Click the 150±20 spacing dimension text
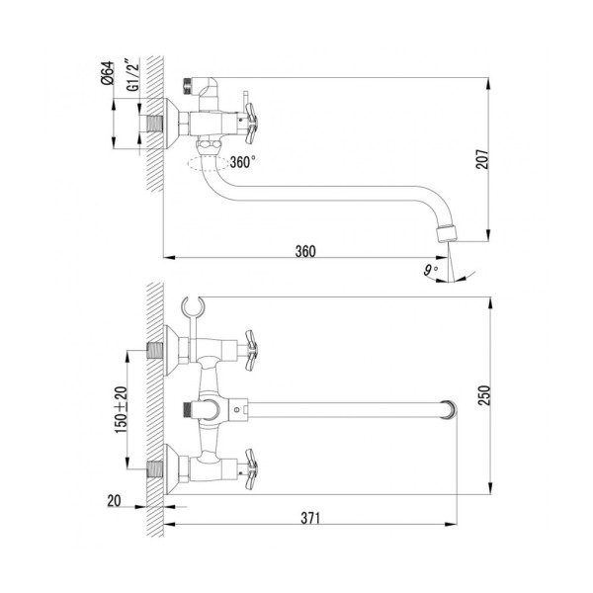122,407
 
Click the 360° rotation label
242,162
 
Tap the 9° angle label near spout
428,268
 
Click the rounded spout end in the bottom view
450,406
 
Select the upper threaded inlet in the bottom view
154,348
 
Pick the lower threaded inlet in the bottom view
154,466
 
